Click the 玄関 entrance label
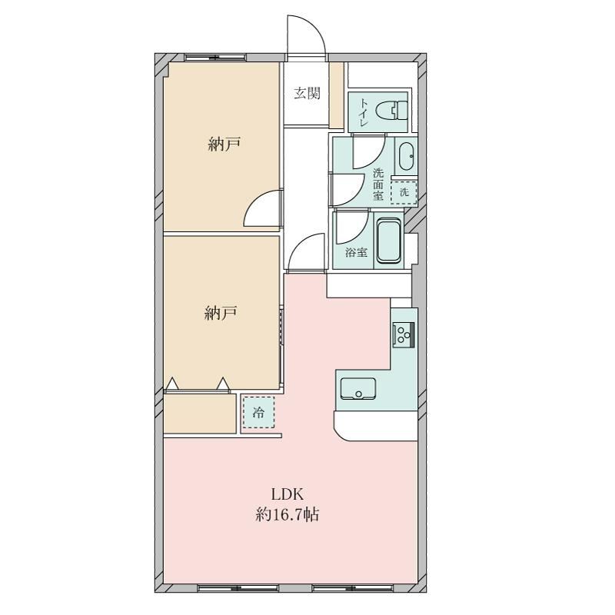[x=307, y=93]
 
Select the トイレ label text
[x=363, y=111]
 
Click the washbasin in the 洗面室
[x=406, y=156]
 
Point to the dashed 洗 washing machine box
[x=404, y=192]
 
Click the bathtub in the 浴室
[x=389, y=241]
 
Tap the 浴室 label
[x=356, y=253]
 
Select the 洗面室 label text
[x=378, y=184]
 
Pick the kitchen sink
[x=357, y=388]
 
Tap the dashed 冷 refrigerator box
[x=258, y=412]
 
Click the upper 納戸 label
[x=224, y=145]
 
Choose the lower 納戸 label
[x=221, y=313]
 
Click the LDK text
[x=288, y=494]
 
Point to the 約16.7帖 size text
[x=287, y=514]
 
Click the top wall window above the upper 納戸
[x=215, y=58]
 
